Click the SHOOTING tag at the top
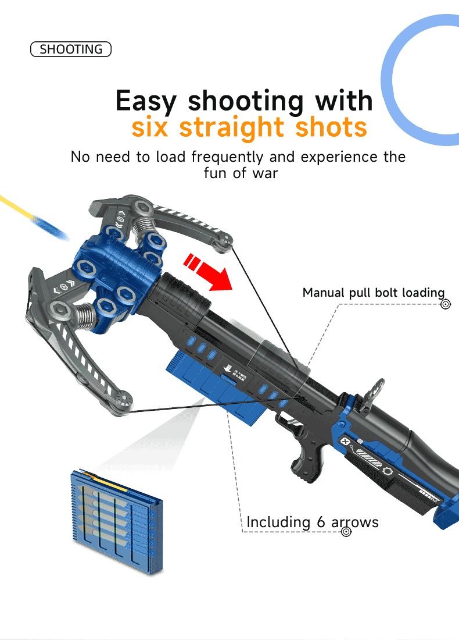pyautogui.click(x=70, y=49)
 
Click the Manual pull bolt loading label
pyautogui.click(x=373, y=293)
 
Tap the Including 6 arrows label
pyautogui.click(x=313, y=522)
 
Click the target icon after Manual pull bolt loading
pyautogui.click(x=446, y=304)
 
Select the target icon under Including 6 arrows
pyautogui.click(x=346, y=532)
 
